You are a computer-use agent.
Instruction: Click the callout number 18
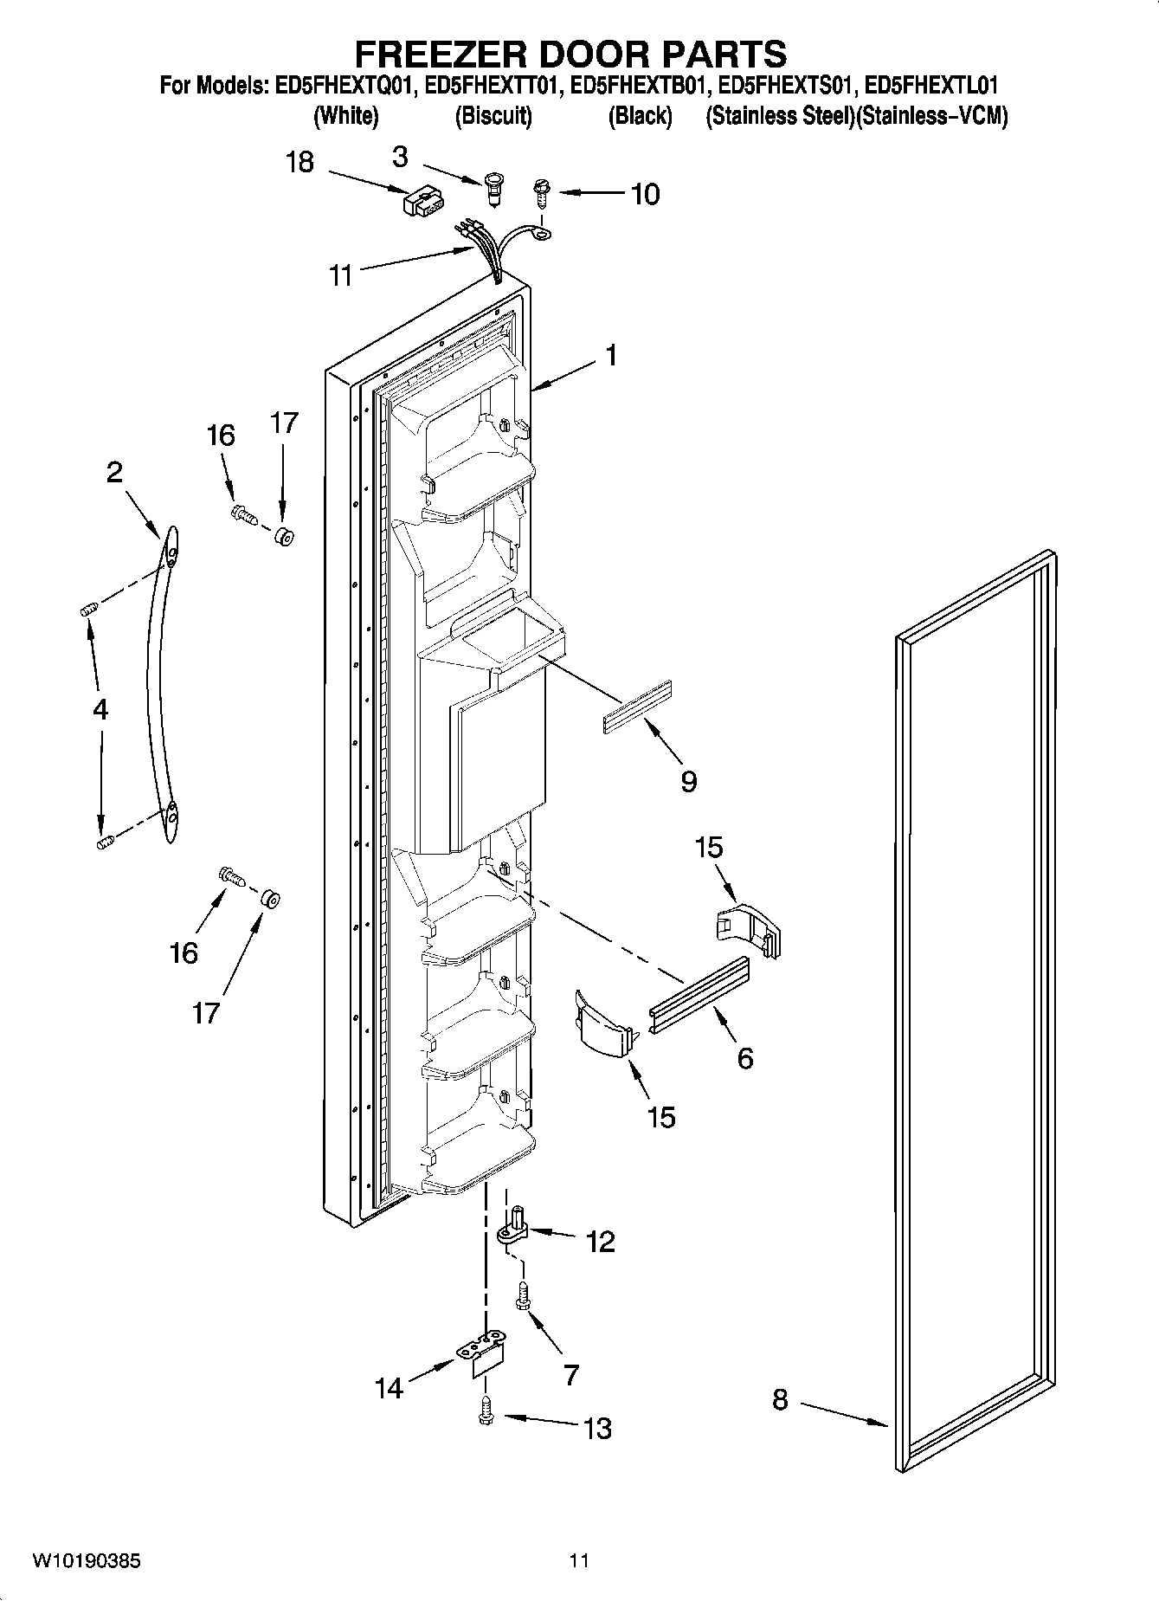tap(299, 162)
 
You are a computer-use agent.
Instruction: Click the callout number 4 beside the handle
tap(100, 710)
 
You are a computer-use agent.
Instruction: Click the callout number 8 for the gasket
tap(780, 1399)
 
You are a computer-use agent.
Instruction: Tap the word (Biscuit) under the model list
tap(493, 116)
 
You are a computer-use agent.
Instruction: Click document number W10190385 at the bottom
tap(86, 1561)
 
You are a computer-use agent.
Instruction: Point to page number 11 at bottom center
tap(579, 1560)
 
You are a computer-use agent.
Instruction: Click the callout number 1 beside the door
tap(611, 355)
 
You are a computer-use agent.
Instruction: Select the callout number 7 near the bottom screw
tap(570, 1374)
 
